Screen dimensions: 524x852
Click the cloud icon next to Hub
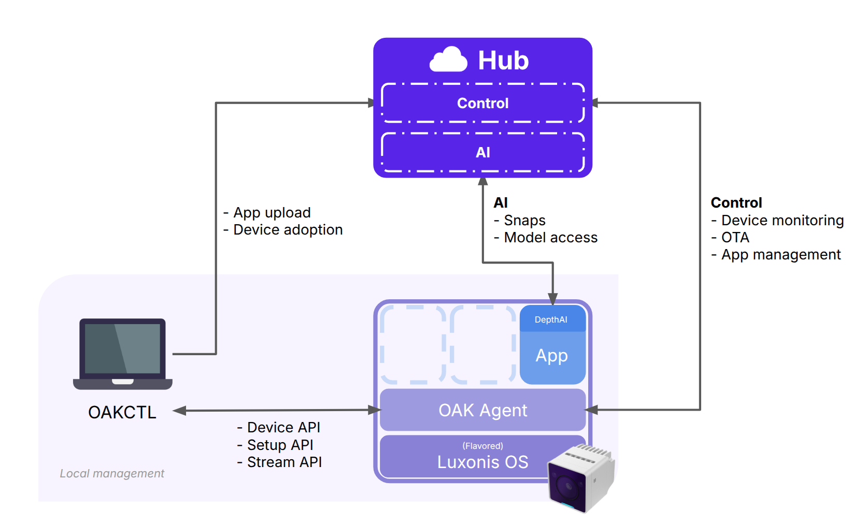(449, 60)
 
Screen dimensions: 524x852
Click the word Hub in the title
(503, 61)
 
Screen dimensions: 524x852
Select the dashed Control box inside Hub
(482, 103)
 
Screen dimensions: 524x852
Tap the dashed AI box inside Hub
(482, 152)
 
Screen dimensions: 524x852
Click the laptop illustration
(123, 353)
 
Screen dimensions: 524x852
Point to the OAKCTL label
(122, 412)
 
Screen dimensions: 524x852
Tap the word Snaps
(524, 220)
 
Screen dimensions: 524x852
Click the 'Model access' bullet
(550, 237)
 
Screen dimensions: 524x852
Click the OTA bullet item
(735, 237)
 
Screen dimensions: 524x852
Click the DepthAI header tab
(551, 319)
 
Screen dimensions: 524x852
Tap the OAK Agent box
(482, 410)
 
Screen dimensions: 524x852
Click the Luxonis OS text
(482, 462)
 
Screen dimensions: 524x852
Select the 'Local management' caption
(112, 473)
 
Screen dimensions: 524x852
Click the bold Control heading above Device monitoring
(736, 202)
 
